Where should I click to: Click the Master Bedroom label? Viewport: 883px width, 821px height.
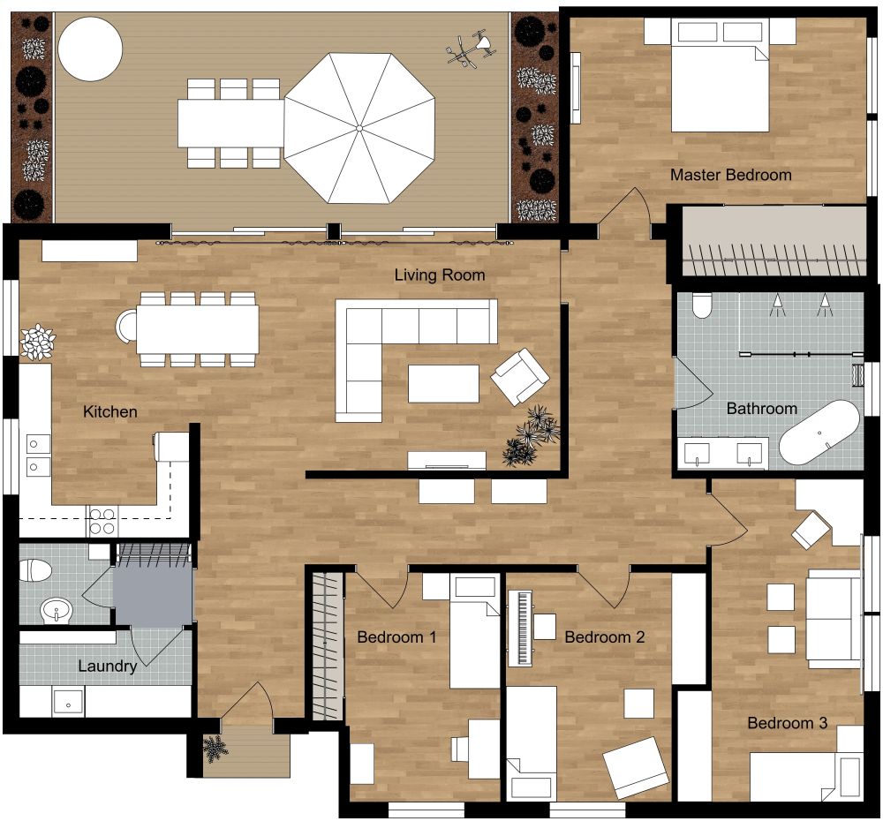click(730, 175)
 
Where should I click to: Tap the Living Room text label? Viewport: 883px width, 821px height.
click(439, 275)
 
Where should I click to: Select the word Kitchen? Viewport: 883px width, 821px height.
click(110, 411)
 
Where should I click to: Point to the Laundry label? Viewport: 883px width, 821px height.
click(107, 666)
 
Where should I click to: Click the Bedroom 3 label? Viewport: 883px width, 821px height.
click(787, 723)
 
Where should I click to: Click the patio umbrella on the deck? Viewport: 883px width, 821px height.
click(359, 128)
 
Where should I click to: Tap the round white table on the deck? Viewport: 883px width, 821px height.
click(90, 49)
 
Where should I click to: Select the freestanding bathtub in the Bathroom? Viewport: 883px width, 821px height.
click(819, 433)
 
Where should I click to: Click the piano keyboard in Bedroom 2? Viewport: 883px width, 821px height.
click(521, 628)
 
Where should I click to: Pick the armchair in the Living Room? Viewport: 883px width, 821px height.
click(520, 376)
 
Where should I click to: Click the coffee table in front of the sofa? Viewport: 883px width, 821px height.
click(443, 383)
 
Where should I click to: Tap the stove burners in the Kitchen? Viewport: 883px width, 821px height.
click(102, 521)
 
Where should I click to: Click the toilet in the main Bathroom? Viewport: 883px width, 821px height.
click(703, 305)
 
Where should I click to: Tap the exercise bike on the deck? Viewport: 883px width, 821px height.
click(468, 49)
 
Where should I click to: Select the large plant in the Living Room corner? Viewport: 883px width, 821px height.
click(531, 437)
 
